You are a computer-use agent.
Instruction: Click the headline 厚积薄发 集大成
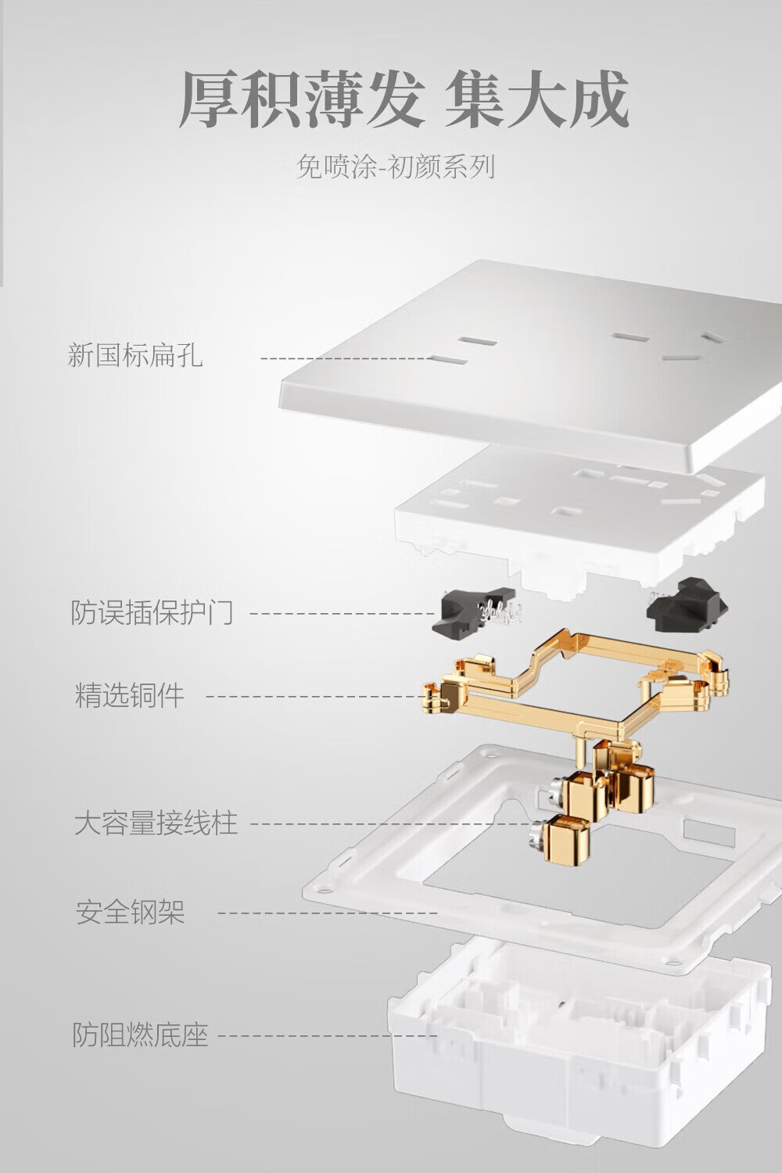(404, 99)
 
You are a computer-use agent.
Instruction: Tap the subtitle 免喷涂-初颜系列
(396, 167)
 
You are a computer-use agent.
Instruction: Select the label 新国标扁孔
(135, 355)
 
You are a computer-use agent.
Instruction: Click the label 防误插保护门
(152, 612)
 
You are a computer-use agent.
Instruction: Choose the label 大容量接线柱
(156, 823)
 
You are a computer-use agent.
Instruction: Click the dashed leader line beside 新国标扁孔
(346, 359)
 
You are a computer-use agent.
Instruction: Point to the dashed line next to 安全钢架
(328, 913)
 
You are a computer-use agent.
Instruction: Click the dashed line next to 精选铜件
(315, 697)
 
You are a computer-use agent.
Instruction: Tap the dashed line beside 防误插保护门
(342, 613)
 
